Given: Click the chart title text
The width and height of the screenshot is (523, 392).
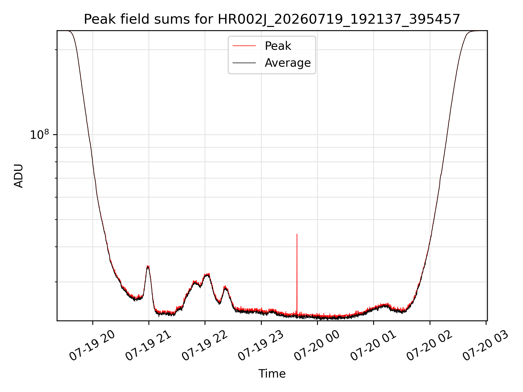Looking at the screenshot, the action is tap(272, 20).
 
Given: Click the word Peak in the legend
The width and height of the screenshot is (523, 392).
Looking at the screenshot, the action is tap(278, 46).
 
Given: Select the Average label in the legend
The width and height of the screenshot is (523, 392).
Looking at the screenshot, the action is tap(288, 63).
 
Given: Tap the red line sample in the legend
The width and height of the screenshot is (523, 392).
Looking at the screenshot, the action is tap(244, 46).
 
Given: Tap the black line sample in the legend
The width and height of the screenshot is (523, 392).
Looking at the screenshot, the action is tap(244, 63).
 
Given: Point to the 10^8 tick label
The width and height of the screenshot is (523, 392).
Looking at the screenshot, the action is tap(39, 134).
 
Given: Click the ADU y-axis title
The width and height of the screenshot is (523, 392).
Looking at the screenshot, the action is tap(19, 176).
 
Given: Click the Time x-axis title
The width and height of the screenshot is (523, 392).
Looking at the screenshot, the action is tap(272, 374).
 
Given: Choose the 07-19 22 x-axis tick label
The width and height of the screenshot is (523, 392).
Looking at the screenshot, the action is tap(205, 345).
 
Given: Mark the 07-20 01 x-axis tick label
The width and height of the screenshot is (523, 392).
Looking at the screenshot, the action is tap(373, 345).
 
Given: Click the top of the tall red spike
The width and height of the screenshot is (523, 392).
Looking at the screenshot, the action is tap(297, 234).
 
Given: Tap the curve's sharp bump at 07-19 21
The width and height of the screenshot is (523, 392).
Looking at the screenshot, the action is tap(148, 266).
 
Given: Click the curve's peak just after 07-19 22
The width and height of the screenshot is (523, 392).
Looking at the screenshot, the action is tap(208, 274).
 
